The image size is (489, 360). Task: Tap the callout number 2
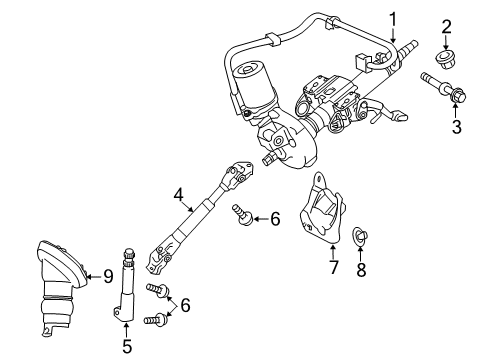point(447,26)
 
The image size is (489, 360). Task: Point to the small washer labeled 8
point(363,237)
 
